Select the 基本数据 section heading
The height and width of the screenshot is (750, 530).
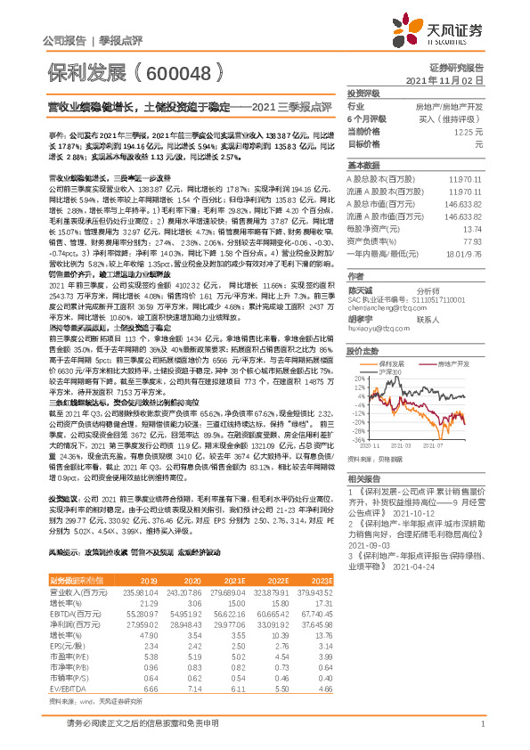[363, 166]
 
